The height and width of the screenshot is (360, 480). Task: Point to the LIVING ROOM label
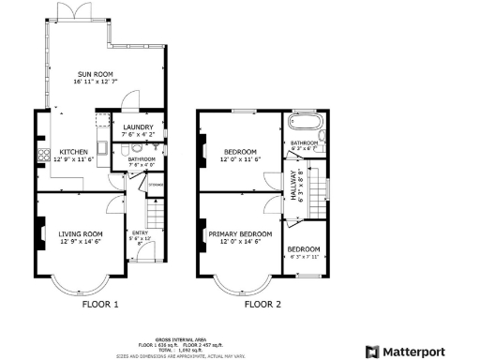pos(81,233)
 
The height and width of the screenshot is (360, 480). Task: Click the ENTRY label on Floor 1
pos(139,233)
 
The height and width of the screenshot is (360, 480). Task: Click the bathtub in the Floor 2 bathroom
pos(303,122)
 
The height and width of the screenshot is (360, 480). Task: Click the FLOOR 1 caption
pos(100,304)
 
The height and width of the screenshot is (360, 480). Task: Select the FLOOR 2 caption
pos(262,304)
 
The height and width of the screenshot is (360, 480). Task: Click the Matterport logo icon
pos(372,351)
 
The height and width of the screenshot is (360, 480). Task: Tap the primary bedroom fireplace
pos(201,233)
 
